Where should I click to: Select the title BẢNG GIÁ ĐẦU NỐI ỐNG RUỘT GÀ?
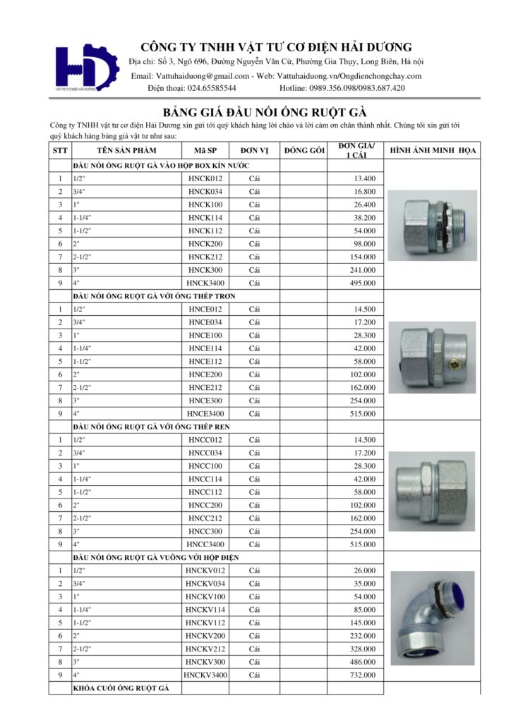[x=265, y=112]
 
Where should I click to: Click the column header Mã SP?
[x=205, y=151]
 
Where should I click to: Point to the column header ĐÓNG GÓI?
[x=303, y=151]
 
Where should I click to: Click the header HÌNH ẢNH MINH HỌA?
[x=433, y=151]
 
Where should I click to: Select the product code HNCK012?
[x=205, y=178]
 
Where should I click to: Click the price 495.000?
[x=360, y=283]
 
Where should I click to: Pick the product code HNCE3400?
[x=205, y=414]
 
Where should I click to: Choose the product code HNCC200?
[x=205, y=506]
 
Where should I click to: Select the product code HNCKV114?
[x=205, y=609]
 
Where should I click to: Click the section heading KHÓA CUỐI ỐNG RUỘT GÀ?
[x=121, y=687]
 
